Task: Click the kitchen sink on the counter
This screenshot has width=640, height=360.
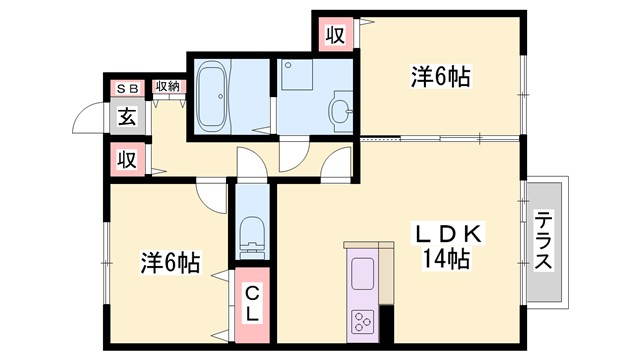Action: tap(361, 270)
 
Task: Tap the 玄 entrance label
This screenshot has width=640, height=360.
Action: tap(127, 116)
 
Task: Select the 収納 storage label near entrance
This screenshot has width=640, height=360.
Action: tap(168, 87)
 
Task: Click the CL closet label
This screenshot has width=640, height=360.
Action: tap(252, 303)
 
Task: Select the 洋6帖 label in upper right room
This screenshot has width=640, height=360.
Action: tap(440, 76)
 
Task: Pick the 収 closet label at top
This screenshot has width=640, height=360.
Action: tap(335, 35)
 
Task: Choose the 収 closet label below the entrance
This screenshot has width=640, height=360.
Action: tap(127, 158)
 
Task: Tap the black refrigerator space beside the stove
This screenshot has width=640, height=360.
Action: tap(386, 321)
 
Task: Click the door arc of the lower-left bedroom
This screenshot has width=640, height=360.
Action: tap(212, 195)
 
